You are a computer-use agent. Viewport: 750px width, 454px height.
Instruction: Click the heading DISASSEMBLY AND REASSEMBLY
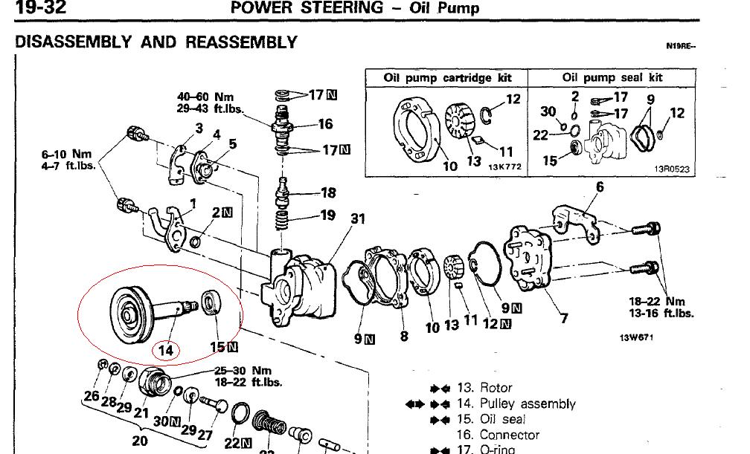[156, 42]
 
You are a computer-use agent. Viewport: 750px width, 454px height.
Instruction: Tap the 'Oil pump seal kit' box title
[612, 77]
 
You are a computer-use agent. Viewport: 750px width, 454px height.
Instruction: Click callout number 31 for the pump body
[358, 219]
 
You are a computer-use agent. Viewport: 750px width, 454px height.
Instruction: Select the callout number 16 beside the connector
[325, 124]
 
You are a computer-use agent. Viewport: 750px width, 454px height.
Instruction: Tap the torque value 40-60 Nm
[205, 97]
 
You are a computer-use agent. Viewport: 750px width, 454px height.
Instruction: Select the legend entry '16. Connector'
[509, 435]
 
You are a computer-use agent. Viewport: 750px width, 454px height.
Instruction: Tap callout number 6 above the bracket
[600, 187]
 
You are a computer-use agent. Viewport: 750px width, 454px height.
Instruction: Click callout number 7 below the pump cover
[565, 320]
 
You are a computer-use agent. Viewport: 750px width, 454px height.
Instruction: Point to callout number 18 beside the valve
[328, 193]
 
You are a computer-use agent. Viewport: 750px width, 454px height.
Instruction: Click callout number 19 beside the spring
[328, 216]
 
